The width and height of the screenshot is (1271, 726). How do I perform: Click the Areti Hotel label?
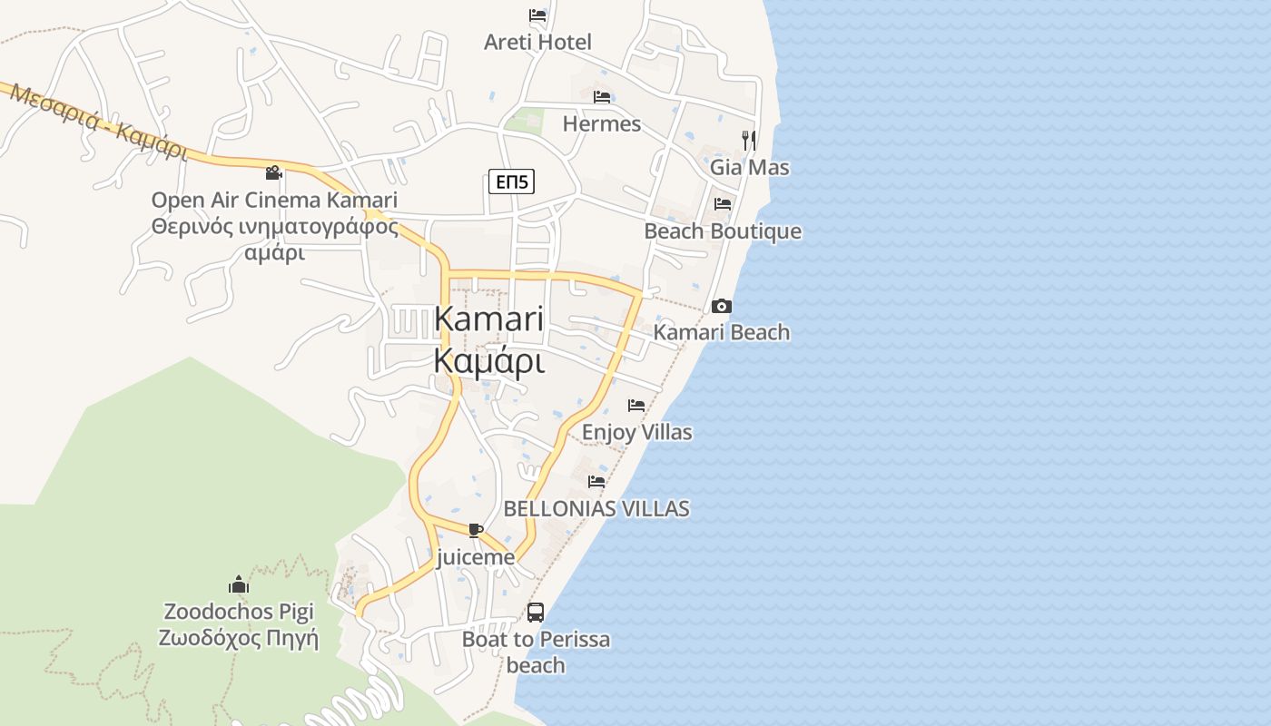537,42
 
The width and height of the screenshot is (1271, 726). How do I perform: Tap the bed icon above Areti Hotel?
537,15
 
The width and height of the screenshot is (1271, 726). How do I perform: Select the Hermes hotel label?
601,123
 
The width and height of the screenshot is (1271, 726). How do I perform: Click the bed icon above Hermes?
601,97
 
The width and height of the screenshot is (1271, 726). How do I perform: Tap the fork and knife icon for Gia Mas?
749,140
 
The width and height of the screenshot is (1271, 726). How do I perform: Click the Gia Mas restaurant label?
749,167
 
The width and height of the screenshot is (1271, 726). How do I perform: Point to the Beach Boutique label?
723,231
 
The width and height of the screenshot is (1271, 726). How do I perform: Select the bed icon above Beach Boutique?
723,204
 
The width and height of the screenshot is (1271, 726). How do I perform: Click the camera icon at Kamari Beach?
722,306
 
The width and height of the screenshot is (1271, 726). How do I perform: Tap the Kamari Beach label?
722,332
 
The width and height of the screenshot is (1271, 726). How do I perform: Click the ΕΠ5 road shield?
511,181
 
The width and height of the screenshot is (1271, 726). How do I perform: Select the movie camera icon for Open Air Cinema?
273,172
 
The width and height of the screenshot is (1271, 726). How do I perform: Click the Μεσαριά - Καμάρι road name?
99,124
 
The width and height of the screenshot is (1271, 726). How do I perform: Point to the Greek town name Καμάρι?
488,361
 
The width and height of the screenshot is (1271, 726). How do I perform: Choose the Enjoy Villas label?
636,432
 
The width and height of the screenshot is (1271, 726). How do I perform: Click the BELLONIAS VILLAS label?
596,508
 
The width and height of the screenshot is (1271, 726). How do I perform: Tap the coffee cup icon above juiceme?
475,530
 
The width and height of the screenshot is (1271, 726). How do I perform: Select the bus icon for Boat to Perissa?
536,613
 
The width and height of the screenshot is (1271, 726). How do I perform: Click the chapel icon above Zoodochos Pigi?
239,584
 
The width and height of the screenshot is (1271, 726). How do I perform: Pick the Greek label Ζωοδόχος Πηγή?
239,638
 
